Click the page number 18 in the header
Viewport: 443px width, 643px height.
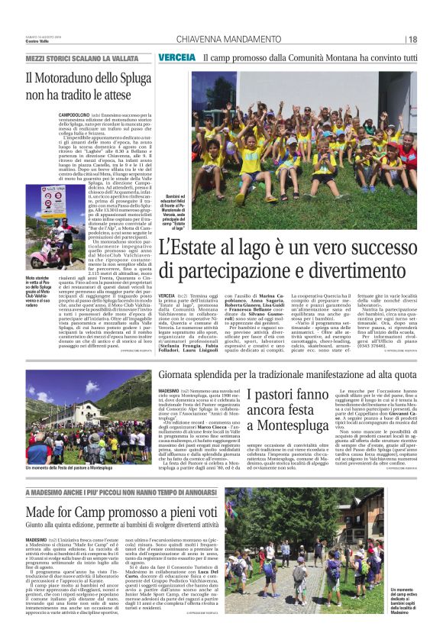[412, 40]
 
